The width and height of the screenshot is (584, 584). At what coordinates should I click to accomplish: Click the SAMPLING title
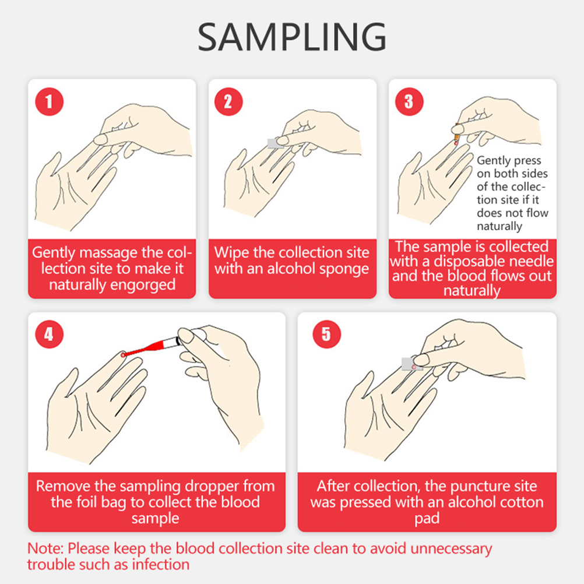(x=292, y=37)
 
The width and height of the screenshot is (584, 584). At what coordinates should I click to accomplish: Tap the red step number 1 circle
(x=49, y=101)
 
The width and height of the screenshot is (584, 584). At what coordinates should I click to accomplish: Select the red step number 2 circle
(x=228, y=101)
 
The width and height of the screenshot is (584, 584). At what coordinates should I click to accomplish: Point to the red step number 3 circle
(x=409, y=101)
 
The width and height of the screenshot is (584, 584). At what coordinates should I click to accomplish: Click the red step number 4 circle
(x=49, y=335)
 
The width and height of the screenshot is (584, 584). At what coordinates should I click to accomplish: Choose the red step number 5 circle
(x=326, y=335)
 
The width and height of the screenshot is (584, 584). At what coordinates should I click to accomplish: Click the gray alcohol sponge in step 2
(x=275, y=143)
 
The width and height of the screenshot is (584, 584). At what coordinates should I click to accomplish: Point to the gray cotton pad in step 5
(x=410, y=364)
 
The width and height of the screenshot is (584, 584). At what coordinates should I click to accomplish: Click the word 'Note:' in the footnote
(x=45, y=548)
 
